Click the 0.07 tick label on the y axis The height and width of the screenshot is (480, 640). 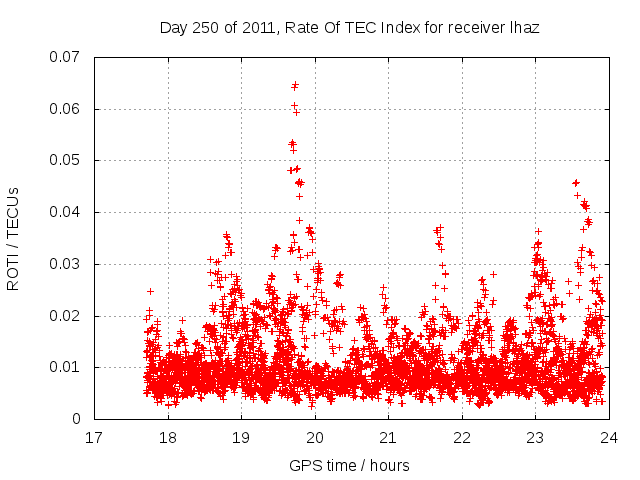pos(65,57)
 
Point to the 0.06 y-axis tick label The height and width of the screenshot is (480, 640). pos(65,109)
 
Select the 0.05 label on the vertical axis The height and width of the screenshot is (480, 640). pos(65,160)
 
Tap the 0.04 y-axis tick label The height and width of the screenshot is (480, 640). pos(65,212)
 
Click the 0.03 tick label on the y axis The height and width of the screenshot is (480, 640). pos(65,264)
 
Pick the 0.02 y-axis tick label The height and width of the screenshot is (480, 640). pos(65,316)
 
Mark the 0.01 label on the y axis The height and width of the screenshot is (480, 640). pos(65,367)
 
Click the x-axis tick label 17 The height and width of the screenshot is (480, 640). pos(94,438)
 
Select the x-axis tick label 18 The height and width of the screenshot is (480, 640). pos(168,438)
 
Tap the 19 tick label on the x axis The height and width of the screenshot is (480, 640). pos(241,438)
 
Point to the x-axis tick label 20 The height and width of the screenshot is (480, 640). pos(315,438)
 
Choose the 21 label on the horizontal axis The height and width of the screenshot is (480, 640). pos(388,438)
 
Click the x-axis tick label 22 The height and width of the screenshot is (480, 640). pos(462,438)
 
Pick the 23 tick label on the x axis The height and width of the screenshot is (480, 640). pos(535,438)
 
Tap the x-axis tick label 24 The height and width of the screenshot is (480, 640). pos(609,438)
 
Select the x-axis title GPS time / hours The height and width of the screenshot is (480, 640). pos(349,465)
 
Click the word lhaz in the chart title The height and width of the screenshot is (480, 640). pos(524,27)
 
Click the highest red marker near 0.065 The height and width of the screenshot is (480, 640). pos(295,85)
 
